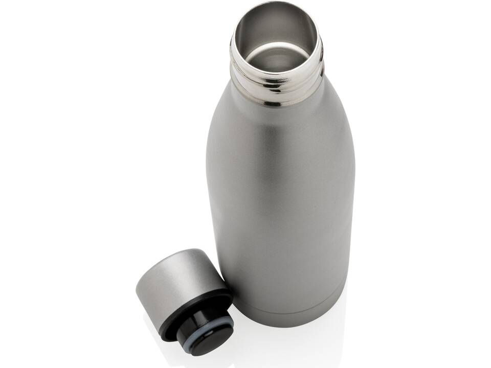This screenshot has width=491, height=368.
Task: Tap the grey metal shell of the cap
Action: [174, 276]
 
